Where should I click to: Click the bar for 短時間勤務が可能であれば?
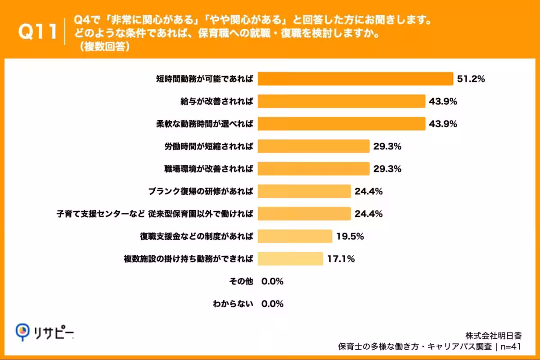(x=355, y=79)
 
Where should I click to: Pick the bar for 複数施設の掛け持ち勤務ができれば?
(x=290, y=259)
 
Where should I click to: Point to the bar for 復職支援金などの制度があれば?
(x=294, y=236)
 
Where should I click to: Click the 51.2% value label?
(x=471, y=79)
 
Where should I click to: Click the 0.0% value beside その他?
(x=272, y=282)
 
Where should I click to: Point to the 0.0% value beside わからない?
(x=272, y=304)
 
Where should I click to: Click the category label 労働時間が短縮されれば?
(x=208, y=146)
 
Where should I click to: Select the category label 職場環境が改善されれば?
(x=208, y=169)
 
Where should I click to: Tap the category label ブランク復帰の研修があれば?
(x=200, y=191)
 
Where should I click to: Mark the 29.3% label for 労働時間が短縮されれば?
(x=387, y=147)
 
